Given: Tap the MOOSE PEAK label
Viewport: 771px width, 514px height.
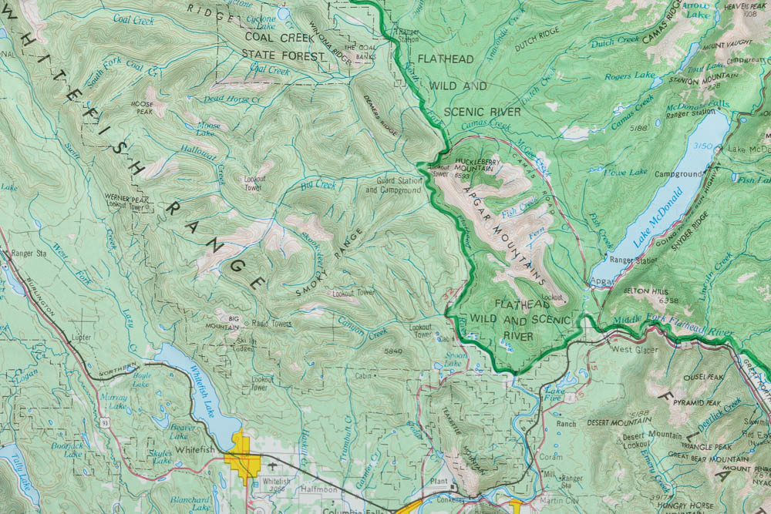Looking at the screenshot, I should (143, 107).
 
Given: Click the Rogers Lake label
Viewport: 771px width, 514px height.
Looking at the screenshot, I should (629, 76).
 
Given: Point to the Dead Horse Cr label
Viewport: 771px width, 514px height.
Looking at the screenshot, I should (232, 99).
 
